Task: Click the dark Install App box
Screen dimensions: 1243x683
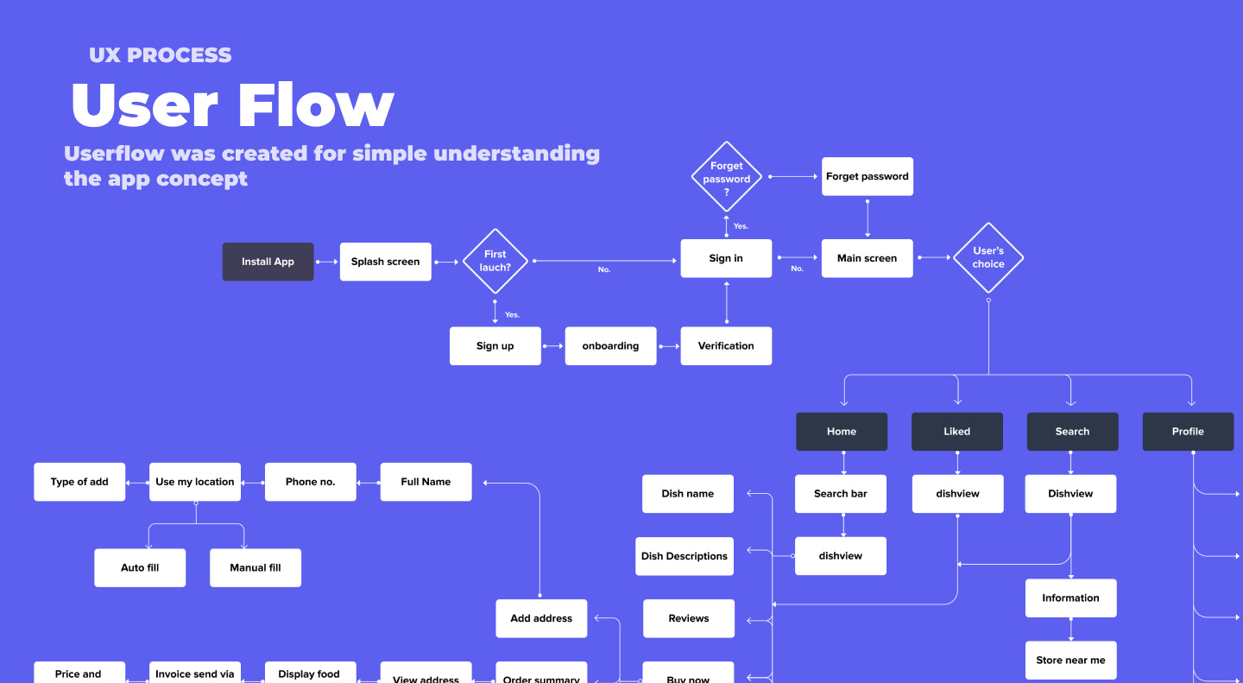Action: click(268, 262)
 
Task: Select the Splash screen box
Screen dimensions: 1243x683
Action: click(386, 262)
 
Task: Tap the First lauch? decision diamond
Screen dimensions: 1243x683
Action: click(495, 261)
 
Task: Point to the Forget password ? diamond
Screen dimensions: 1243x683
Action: click(727, 177)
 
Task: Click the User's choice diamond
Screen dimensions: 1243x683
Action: click(988, 257)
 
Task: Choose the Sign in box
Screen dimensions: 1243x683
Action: click(727, 258)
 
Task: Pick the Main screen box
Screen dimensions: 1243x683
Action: click(868, 258)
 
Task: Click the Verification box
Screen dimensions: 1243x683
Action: click(727, 346)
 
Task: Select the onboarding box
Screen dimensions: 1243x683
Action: click(611, 346)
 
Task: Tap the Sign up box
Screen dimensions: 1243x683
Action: click(495, 346)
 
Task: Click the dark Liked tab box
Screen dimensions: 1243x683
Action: click(957, 432)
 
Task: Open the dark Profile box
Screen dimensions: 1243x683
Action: click(1188, 432)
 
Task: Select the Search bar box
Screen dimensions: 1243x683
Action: click(841, 494)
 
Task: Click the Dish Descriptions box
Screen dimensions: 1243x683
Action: click(685, 556)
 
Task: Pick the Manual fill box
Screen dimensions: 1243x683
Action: click(256, 568)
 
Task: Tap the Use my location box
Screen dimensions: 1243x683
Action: click(195, 482)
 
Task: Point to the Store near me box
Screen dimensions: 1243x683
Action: click(1071, 661)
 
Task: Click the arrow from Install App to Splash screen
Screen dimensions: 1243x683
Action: click(327, 262)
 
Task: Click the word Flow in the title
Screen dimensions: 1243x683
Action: click(316, 105)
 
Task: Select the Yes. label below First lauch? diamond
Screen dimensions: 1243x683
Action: click(512, 315)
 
